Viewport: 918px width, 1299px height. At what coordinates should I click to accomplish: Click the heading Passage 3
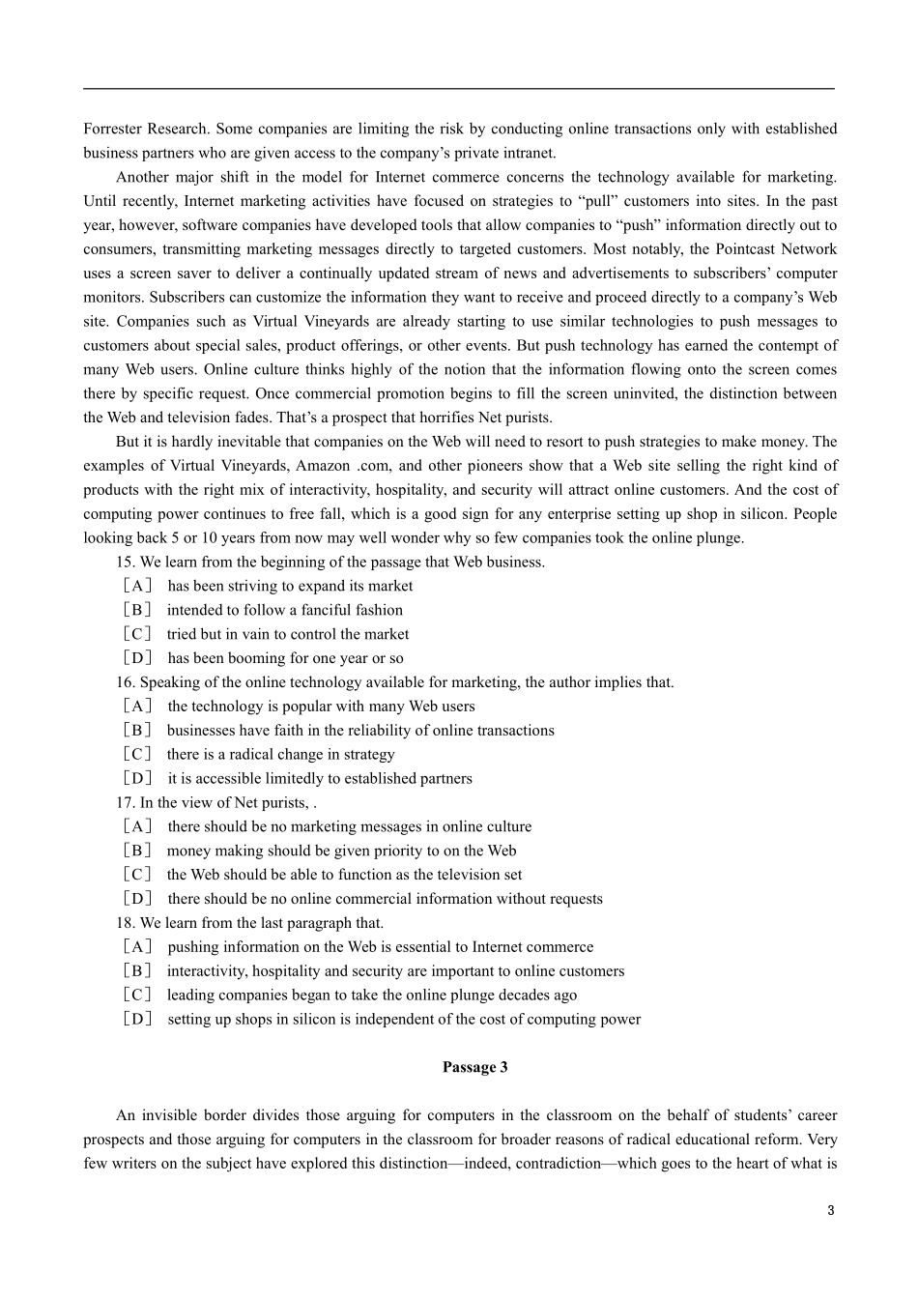pyautogui.click(x=474, y=1067)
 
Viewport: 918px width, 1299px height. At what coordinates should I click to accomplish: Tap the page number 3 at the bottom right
pyautogui.click(x=830, y=1211)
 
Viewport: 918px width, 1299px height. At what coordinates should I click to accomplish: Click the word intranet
pyautogui.click(x=530, y=153)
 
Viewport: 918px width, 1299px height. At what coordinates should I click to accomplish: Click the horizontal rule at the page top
pyautogui.click(x=459, y=88)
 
